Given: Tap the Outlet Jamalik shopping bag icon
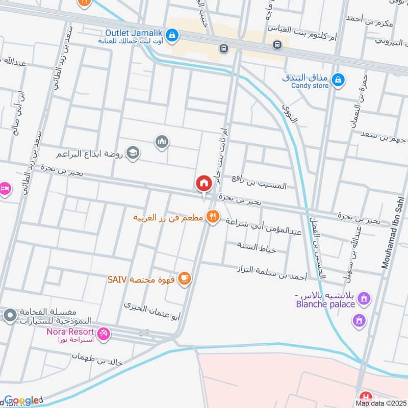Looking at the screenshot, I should [x=173, y=34].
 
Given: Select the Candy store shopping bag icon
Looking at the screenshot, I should [x=338, y=80].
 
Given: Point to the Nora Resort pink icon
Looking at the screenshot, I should [x=104, y=334].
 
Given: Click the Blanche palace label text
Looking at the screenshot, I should [x=325, y=304].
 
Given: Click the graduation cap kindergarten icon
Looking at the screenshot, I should [x=133, y=152].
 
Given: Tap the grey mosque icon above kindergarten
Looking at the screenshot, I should [x=162, y=141].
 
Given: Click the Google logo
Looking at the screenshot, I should [x=21, y=400].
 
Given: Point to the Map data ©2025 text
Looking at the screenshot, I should [x=380, y=403].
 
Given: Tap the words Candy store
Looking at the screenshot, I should [x=310, y=86].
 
